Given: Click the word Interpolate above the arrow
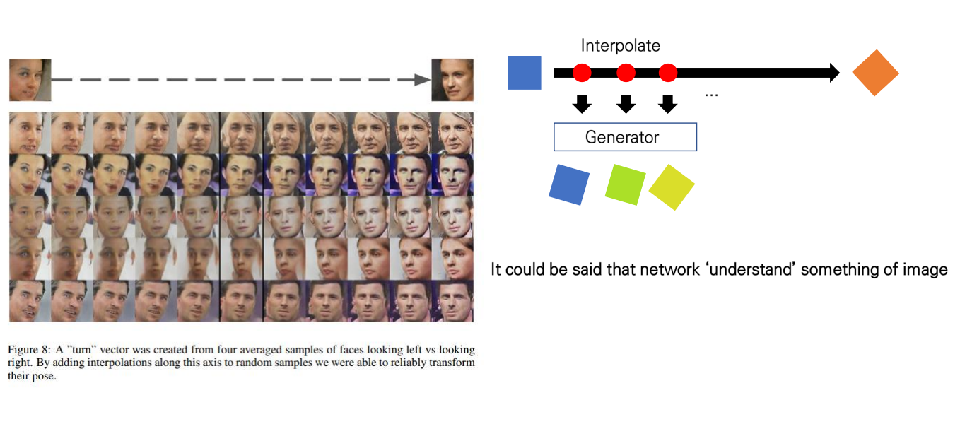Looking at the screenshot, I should pyautogui.click(x=621, y=46).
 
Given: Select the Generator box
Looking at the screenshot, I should pyautogui.click(x=625, y=137).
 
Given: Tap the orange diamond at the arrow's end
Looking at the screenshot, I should pyautogui.click(x=876, y=73).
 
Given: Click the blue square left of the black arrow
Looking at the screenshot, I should pyautogui.click(x=525, y=73).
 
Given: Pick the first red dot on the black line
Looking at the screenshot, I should pyautogui.click(x=582, y=72).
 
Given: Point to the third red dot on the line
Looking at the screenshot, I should pyautogui.click(x=668, y=72).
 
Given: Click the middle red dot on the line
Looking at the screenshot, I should pyautogui.click(x=626, y=72).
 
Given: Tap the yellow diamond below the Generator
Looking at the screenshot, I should pyautogui.click(x=672, y=187).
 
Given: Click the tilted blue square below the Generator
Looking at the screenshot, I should pyautogui.click(x=569, y=184).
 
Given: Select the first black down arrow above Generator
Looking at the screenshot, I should pyautogui.click(x=582, y=104).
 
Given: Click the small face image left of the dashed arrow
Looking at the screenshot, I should pyautogui.click(x=30, y=80).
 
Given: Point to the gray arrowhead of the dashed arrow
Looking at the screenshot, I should pyautogui.click(x=423, y=80).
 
